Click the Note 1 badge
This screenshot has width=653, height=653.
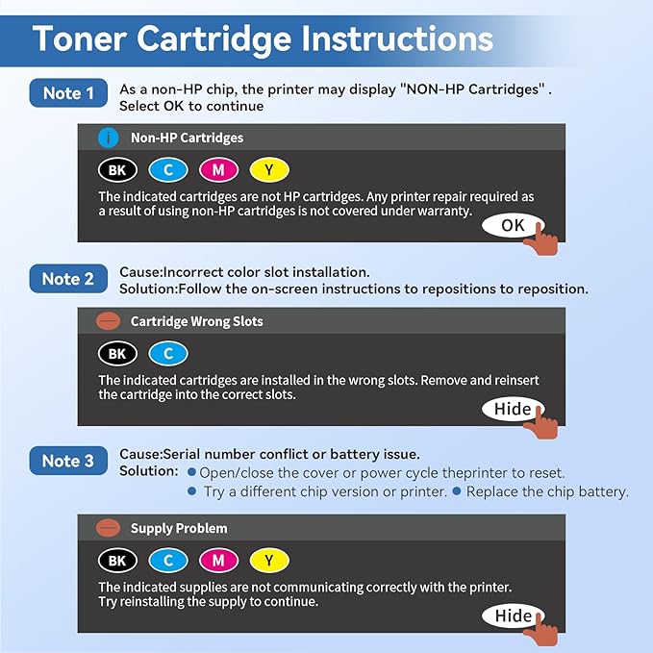(x=68, y=93)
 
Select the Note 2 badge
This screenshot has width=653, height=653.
(x=68, y=279)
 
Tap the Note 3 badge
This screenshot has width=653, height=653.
(x=68, y=461)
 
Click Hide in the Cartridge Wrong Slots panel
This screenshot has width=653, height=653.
(x=513, y=409)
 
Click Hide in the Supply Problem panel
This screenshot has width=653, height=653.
(x=513, y=615)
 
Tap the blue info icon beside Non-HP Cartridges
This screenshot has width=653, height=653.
(x=109, y=138)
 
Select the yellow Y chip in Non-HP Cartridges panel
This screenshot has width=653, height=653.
(x=269, y=170)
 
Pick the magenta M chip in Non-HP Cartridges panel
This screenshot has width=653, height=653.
(x=219, y=170)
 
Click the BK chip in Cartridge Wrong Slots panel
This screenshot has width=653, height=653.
(x=117, y=354)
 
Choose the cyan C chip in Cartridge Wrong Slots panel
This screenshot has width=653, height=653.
(x=168, y=354)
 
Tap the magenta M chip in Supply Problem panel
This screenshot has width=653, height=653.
(x=219, y=560)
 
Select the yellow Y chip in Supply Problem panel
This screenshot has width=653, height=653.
(x=269, y=560)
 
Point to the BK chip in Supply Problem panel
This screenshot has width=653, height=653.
(x=117, y=560)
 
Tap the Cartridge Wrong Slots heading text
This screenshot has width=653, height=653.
(x=196, y=321)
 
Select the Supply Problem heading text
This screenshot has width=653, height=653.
(x=179, y=528)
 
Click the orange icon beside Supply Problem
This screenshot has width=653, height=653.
(x=110, y=528)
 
